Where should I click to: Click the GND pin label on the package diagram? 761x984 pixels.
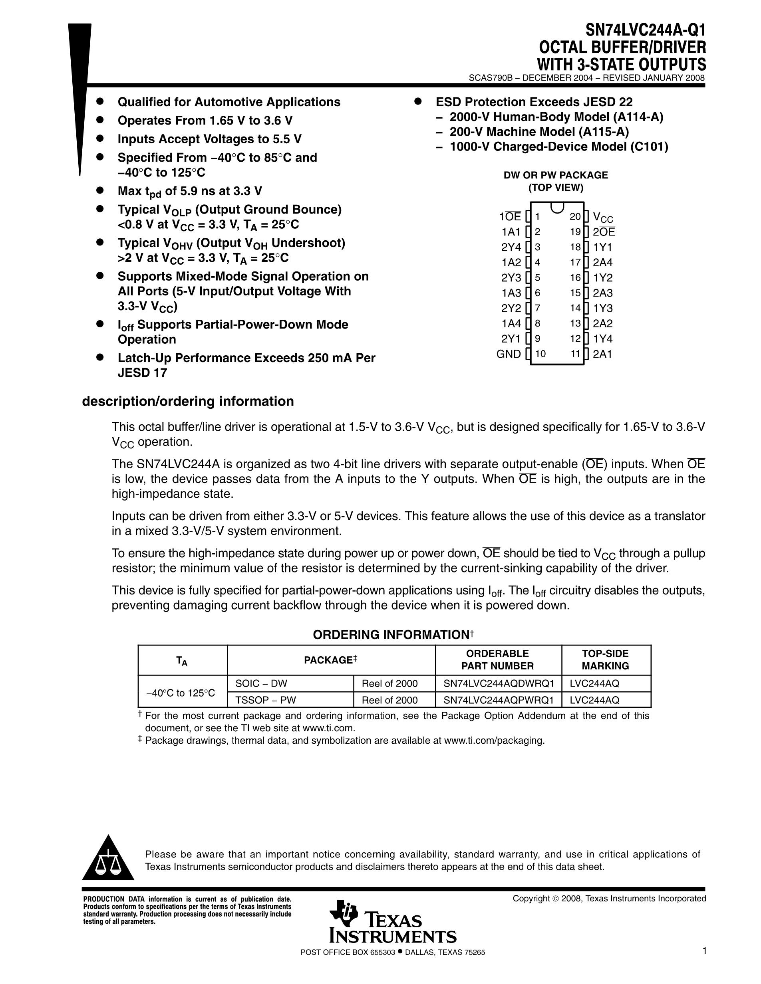509,354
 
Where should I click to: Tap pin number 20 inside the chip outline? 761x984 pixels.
575,217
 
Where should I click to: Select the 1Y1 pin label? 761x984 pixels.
602,247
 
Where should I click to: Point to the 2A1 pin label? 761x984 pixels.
602,354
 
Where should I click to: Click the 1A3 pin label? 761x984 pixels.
511,293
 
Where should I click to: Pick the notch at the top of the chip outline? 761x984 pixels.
557,207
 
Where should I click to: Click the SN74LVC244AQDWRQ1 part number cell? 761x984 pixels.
499,683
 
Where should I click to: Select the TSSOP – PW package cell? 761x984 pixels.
266,700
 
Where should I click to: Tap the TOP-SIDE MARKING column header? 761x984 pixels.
605,659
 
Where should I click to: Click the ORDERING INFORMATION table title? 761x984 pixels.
391,635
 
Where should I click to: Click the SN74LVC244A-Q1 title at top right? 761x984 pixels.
645,30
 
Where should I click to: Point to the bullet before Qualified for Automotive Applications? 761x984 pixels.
100,102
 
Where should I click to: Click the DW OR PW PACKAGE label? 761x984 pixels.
555,175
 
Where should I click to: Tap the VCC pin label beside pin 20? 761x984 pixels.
603,218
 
